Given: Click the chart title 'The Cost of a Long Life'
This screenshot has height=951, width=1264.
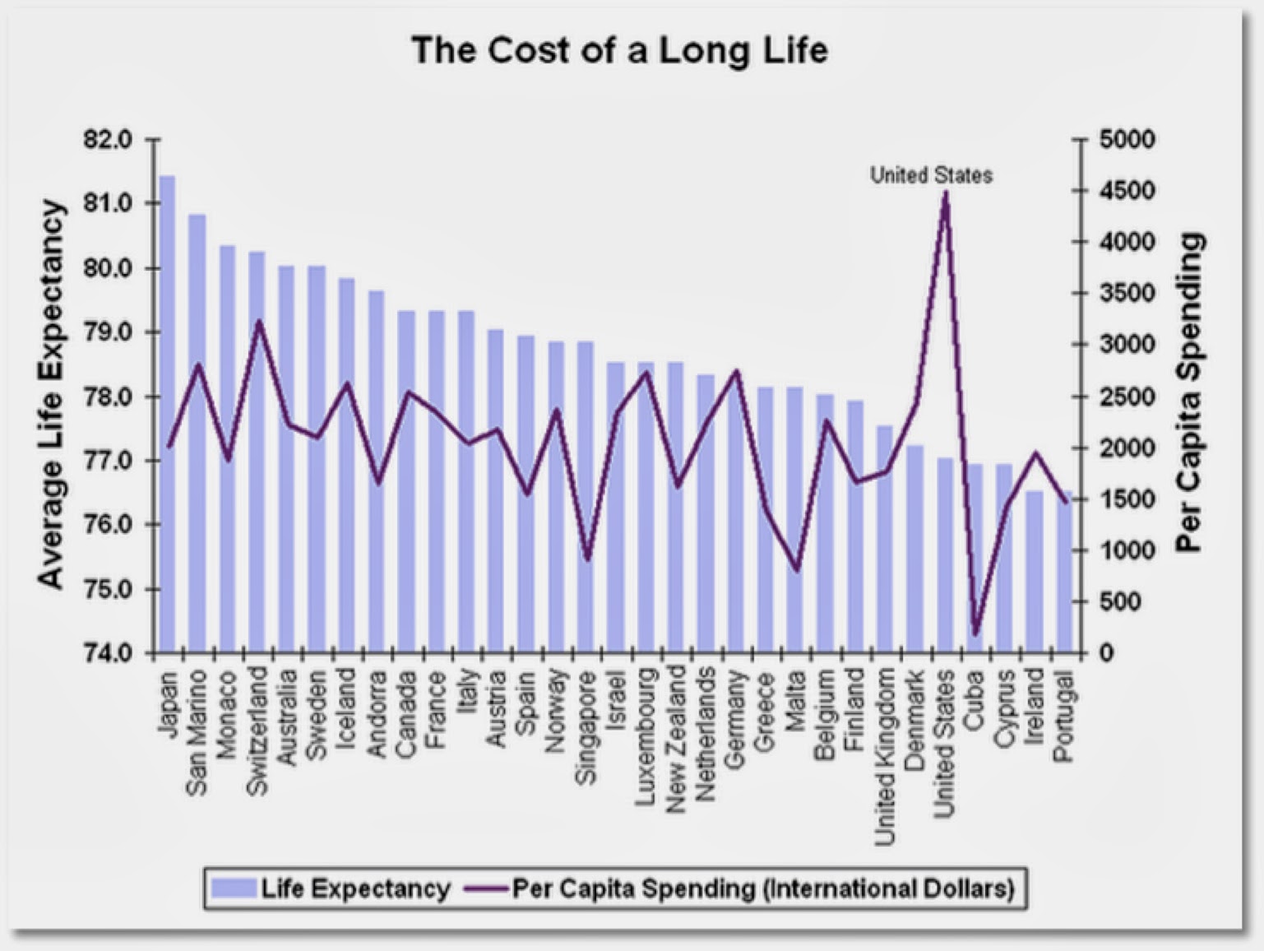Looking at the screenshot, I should [x=619, y=50].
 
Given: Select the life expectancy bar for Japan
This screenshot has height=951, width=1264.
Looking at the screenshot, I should [x=167, y=411].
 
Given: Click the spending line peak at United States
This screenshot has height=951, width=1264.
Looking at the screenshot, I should [x=945, y=193].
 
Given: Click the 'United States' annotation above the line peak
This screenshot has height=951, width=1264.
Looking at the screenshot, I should [x=931, y=175].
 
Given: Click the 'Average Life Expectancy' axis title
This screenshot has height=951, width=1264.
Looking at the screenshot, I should [x=51, y=394].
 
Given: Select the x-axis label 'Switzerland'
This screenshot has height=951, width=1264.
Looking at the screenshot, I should [x=257, y=731].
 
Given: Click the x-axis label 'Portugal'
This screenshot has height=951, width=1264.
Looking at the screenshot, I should [x=1064, y=717].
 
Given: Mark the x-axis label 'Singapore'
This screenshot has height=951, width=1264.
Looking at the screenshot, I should [x=586, y=728].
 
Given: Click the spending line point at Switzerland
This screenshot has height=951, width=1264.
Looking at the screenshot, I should [x=258, y=322].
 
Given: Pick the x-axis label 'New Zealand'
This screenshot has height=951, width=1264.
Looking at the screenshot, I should [x=676, y=739].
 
